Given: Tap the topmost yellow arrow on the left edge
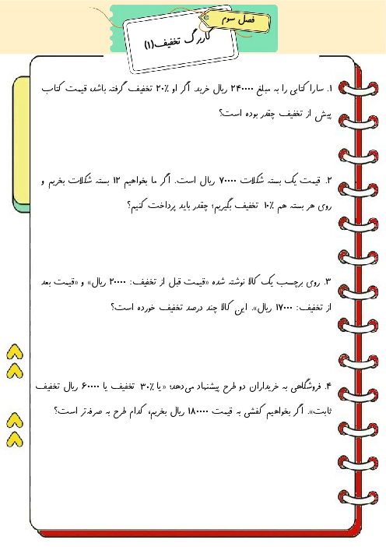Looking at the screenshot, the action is point(14,349).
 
